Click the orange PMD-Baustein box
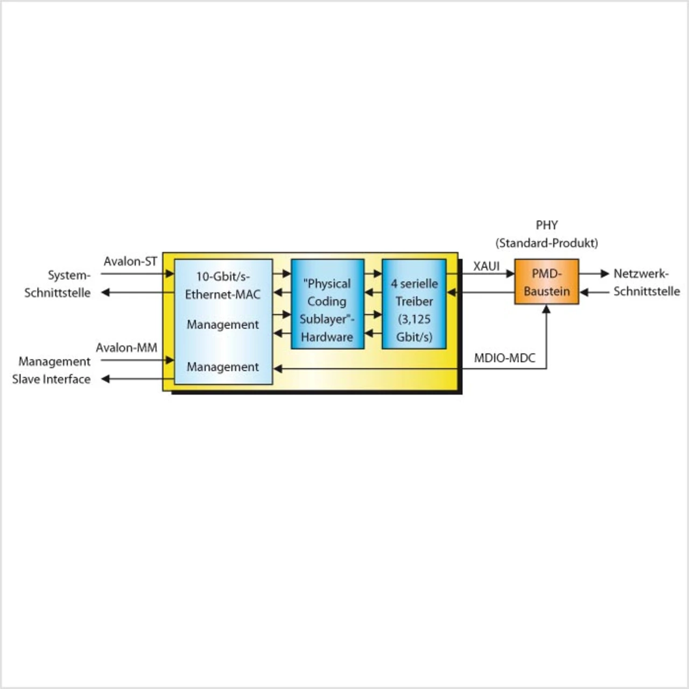pos(546,282)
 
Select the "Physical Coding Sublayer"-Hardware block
pos(327,305)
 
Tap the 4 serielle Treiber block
pos(414,305)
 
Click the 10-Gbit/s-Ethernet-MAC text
pos(223,285)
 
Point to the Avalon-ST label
pos(130,262)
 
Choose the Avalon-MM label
pos(126,348)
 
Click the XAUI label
pos(486,266)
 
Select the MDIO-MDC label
pos(504,358)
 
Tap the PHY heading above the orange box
pos(546,225)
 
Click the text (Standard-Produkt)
pos(546,243)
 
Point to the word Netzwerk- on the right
pos(641,273)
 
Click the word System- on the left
pos(69,275)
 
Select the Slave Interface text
pos(51,379)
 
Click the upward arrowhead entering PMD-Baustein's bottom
pos(546,310)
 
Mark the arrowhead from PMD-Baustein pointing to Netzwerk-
pos(604,273)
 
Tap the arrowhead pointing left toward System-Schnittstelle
pos(106,292)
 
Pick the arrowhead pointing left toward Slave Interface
pos(106,379)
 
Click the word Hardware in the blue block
pos(327,337)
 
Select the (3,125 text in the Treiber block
pos(414,319)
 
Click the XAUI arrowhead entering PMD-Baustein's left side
pos(510,273)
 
